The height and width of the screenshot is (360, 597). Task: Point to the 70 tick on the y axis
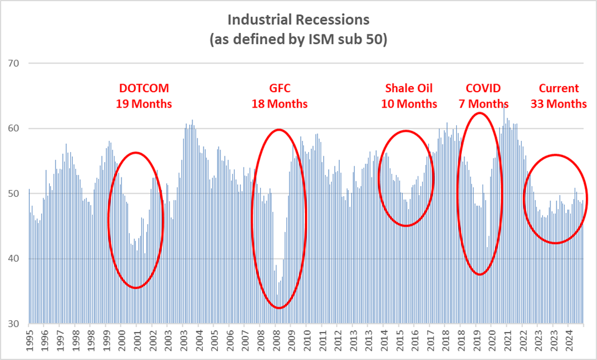pos(14,64)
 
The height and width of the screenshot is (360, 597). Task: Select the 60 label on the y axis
pos(14,129)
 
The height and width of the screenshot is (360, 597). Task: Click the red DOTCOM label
pos(144,88)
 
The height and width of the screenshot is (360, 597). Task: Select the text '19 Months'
pos(144,104)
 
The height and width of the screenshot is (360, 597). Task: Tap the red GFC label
pos(280,88)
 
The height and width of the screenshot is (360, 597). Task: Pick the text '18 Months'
pos(280,104)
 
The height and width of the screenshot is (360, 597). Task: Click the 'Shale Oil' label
pos(408,88)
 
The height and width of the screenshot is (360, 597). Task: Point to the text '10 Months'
pos(409,104)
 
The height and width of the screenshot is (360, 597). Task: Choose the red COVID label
pos(483,88)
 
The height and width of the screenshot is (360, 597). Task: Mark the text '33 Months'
pos(558,104)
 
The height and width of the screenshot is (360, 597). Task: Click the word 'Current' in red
pos(558,88)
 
